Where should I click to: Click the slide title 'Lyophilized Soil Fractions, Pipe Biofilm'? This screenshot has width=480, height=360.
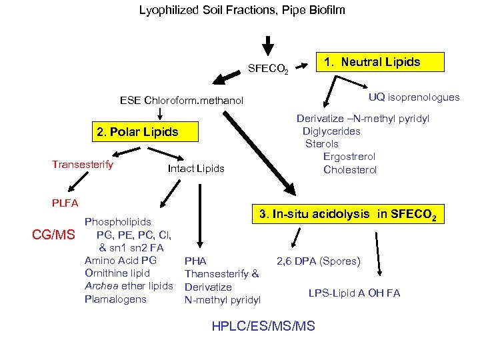pyautogui.click(x=242, y=10)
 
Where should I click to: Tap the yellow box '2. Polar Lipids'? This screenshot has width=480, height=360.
pyautogui.click(x=137, y=131)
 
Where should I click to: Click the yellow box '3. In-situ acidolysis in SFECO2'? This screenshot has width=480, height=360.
pyautogui.click(x=348, y=215)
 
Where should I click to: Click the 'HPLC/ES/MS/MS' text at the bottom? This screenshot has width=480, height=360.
pyautogui.click(x=263, y=326)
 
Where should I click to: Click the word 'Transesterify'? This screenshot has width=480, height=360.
pyautogui.click(x=83, y=164)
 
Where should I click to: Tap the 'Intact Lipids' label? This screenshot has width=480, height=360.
pyautogui.click(x=196, y=169)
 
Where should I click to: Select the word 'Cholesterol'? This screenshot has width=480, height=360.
pyautogui.click(x=350, y=169)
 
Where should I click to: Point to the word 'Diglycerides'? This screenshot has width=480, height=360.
pyautogui.click(x=331, y=131)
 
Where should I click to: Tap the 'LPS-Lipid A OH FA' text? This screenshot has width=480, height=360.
pyautogui.click(x=354, y=293)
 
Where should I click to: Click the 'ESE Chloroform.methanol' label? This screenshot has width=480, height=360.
pyautogui.click(x=182, y=101)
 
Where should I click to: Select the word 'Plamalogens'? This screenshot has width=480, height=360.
pyautogui.click(x=115, y=299)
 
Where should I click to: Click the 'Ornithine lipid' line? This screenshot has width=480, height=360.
pyautogui.click(x=117, y=273)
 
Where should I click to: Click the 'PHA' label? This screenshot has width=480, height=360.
pyautogui.click(x=195, y=261)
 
